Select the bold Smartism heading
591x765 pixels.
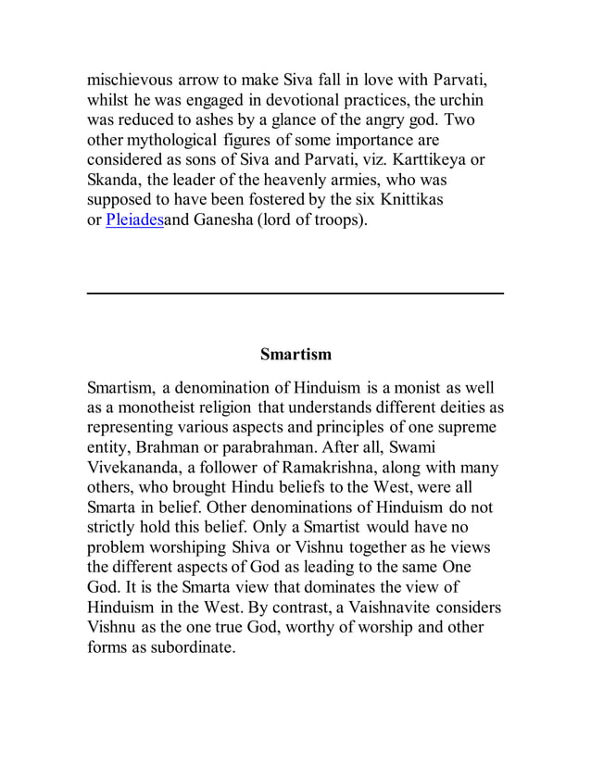tap(295, 355)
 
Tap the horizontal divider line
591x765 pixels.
tap(295, 293)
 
